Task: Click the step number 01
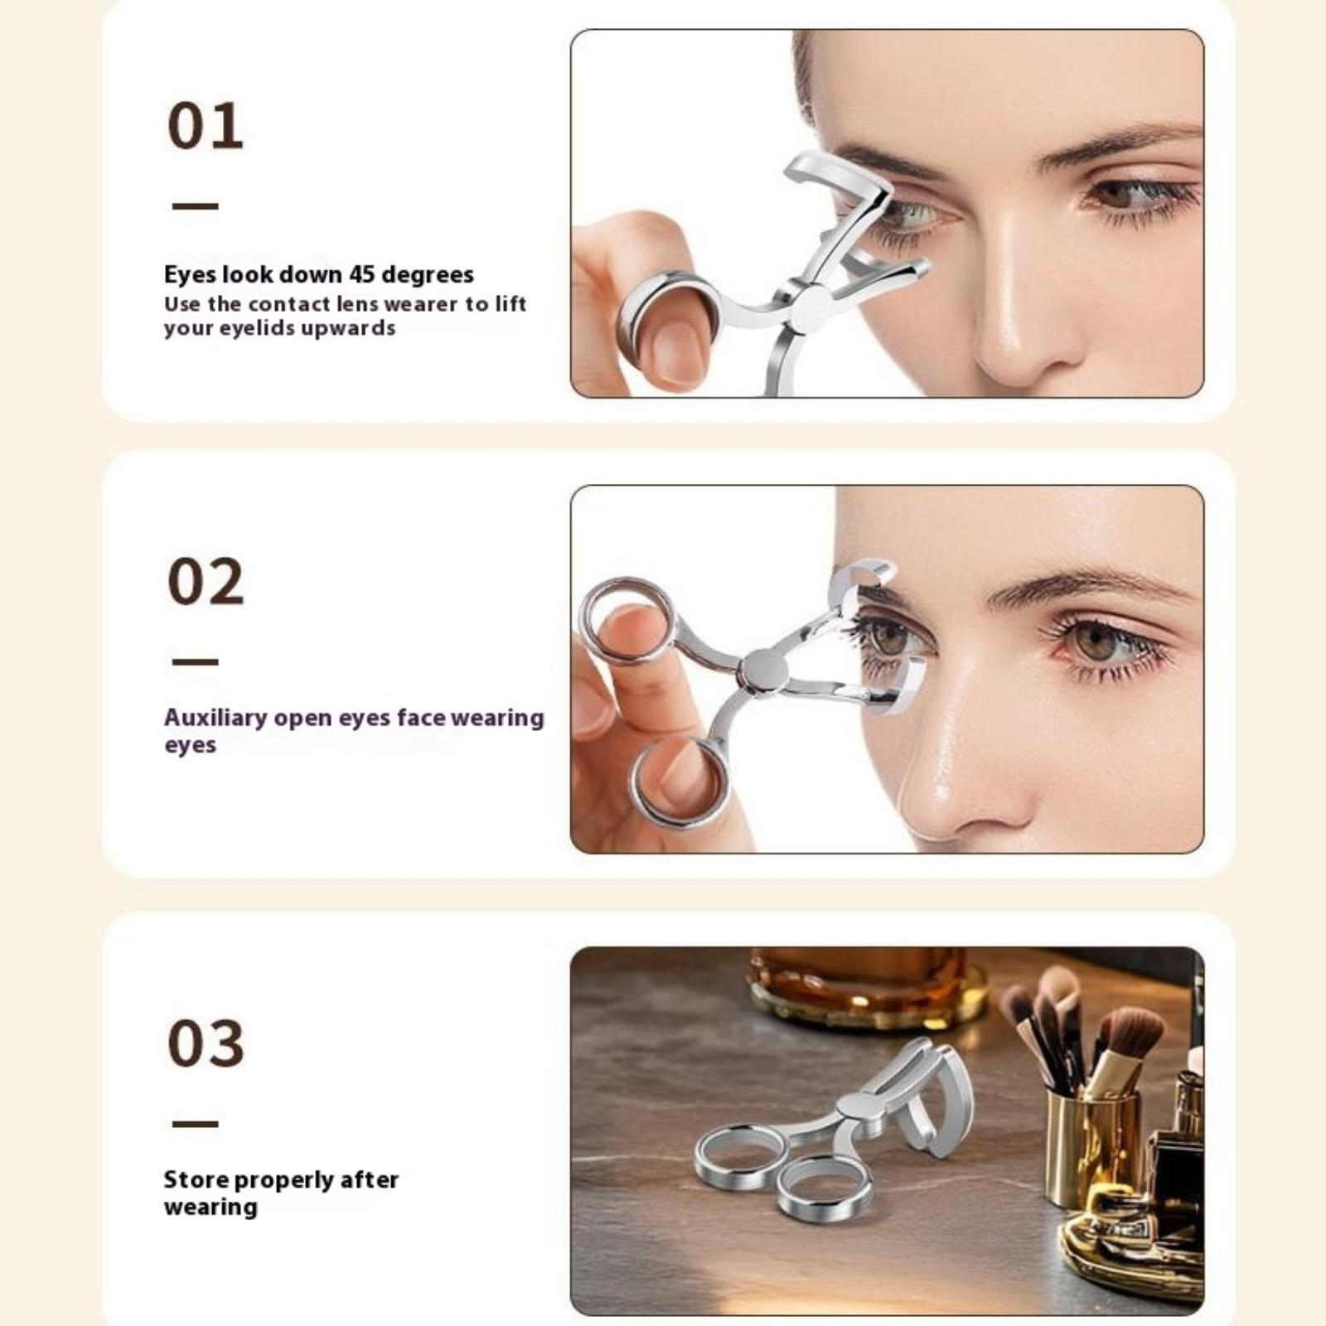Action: pos(206,126)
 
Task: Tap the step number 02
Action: pos(206,582)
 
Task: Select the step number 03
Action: pos(206,1043)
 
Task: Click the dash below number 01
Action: pos(196,206)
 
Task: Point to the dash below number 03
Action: pos(196,1124)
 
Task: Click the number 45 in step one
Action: pos(362,273)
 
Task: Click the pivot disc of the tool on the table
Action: pos(862,1107)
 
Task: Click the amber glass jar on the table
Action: pos(867,986)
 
